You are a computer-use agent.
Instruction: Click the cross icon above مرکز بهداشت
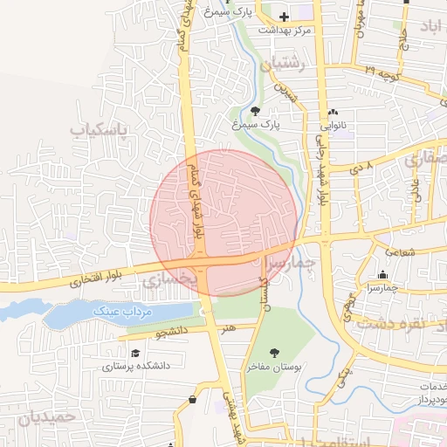point(284,17)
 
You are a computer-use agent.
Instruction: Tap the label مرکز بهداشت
point(285,30)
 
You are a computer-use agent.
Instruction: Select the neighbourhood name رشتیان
point(283,63)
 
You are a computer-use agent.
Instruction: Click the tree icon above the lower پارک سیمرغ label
point(255,111)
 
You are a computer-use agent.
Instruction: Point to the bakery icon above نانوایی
point(333,113)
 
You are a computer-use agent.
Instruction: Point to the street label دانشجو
point(172,333)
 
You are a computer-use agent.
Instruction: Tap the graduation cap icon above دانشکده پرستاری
point(135,353)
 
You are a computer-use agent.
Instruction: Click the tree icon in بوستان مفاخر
point(274,354)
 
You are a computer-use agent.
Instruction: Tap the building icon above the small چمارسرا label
point(382,275)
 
